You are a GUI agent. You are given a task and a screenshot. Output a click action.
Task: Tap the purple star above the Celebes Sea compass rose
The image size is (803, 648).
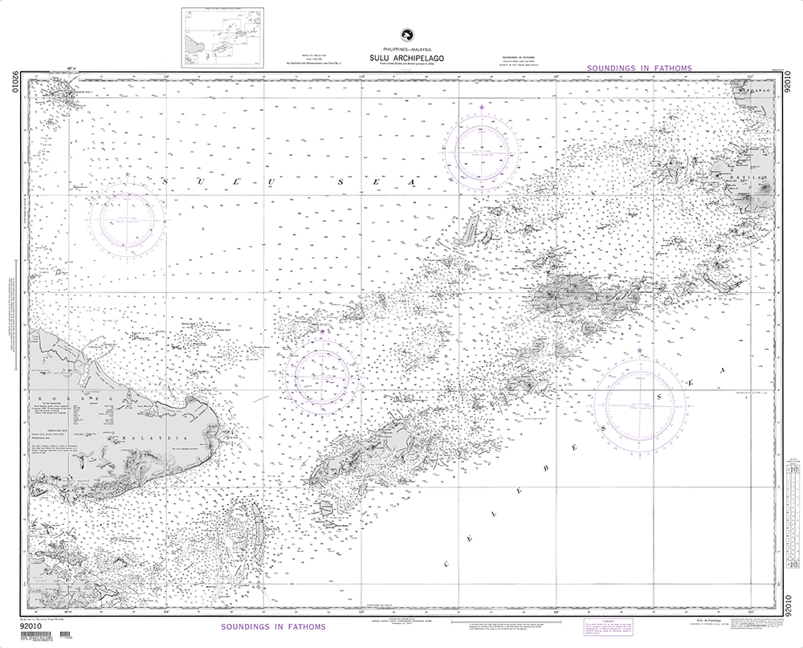pos(639,351)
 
